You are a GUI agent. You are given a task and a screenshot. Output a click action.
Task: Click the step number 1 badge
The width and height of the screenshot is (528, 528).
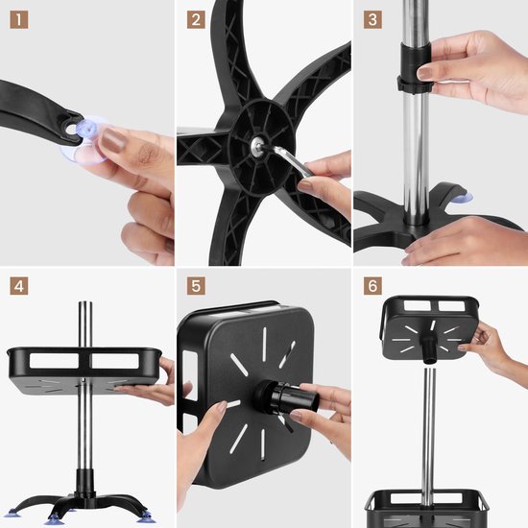pyautogui.click(x=19, y=20)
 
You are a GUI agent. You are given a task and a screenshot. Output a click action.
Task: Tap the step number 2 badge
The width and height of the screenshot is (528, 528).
pyautogui.click(x=196, y=20)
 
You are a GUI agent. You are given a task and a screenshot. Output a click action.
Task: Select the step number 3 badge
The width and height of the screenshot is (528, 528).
pyautogui.click(x=372, y=20)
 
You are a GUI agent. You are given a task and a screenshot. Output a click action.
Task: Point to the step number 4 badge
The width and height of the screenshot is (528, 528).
pyautogui.click(x=19, y=286)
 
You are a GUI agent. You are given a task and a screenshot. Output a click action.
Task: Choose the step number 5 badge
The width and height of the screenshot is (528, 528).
pyautogui.click(x=196, y=286)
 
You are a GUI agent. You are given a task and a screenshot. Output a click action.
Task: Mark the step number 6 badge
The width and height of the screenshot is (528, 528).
pyautogui.click(x=372, y=286)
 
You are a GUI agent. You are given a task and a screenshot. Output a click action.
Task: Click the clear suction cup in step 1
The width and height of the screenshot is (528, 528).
pyautogui.click(x=86, y=141)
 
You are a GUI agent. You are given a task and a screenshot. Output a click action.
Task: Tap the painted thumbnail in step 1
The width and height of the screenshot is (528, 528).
pyautogui.click(x=113, y=140)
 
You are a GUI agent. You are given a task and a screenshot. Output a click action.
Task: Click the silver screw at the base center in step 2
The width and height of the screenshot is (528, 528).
pyautogui.click(x=258, y=146)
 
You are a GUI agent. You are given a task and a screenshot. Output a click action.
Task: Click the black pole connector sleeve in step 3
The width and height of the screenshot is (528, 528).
pyautogui.click(x=415, y=67)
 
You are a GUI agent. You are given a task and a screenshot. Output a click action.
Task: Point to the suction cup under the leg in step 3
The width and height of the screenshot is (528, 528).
pyautogui.click(x=462, y=198)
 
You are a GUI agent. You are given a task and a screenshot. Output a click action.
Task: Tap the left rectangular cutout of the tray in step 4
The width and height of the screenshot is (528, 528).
pyautogui.click(x=54, y=361)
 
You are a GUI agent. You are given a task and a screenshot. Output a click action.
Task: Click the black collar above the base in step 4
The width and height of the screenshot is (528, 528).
pyautogui.click(x=84, y=483)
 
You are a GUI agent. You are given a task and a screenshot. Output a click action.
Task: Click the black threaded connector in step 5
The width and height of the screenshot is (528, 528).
pyautogui.click(x=285, y=397)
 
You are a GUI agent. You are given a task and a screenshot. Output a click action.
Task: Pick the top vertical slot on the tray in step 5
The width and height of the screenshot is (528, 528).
pyautogui.click(x=265, y=339)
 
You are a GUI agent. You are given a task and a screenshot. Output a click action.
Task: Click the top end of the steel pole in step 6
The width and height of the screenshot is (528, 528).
pyautogui.click(x=429, y=370)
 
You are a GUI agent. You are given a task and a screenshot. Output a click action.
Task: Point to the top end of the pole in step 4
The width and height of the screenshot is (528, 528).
pyautogui.click(x=85, y=302)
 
